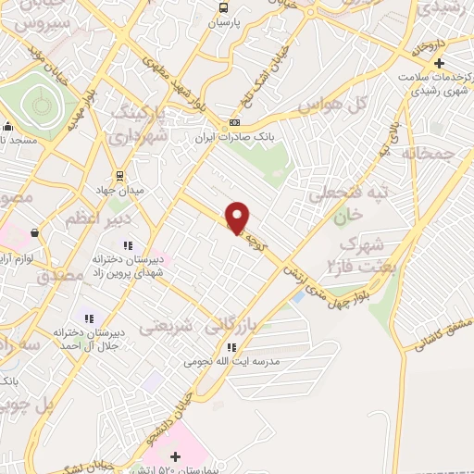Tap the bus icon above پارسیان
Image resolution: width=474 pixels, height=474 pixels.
[x=222, y=8]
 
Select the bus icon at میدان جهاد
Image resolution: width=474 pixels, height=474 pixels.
[x=119, y=176]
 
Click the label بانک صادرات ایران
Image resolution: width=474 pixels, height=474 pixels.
[x=237, y=140]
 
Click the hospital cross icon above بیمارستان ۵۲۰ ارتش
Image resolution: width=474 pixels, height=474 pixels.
[x=175, y=456]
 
